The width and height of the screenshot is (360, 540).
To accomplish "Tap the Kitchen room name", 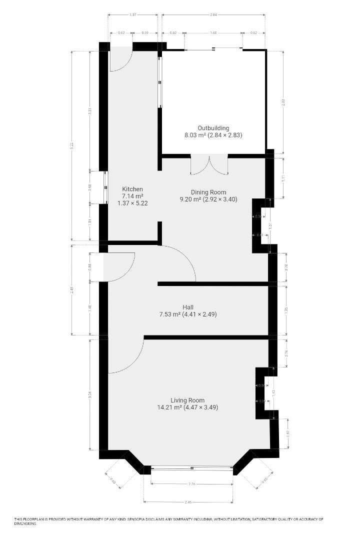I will (132, 189).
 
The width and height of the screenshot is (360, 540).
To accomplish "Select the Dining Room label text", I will (208, 192).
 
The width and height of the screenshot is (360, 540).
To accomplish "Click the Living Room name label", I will (187, 400).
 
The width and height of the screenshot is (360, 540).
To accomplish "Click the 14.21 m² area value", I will (169, 407).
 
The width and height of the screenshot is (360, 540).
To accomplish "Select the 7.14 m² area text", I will (132, 196).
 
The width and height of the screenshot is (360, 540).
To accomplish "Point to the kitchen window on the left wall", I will (106, 188).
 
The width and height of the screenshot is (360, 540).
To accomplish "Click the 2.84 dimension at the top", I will (213, 15).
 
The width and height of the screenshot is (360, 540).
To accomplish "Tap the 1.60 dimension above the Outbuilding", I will (213, 33).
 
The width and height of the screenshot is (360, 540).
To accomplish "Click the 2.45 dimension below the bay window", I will (188, 502).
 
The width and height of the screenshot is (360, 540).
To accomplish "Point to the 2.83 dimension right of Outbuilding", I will (283, 102).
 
